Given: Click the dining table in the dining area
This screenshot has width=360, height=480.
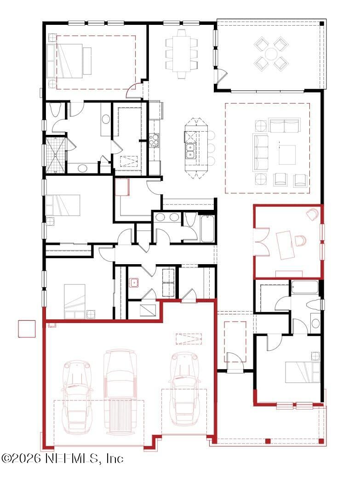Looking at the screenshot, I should point(182,53).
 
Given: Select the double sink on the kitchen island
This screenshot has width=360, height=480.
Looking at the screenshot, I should point(189,150).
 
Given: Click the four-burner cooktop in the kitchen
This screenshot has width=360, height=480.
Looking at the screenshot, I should point(154,139).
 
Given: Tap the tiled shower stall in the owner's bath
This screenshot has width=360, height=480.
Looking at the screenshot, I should point(55,155).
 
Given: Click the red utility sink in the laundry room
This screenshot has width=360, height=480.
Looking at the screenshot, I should point(134,282).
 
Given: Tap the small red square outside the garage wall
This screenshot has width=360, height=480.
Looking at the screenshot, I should point(27,329).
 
